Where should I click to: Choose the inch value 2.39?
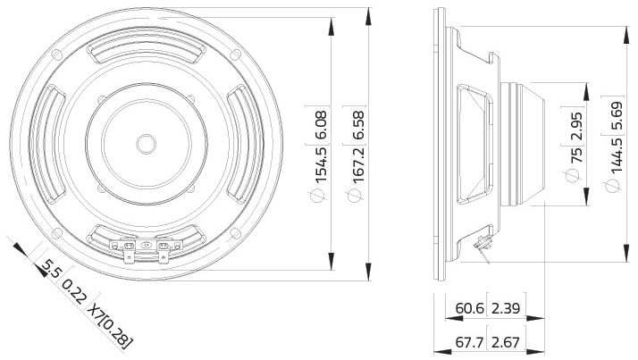pos(505,309)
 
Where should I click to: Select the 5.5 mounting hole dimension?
pos(51,268)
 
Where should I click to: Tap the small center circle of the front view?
pos(144,142)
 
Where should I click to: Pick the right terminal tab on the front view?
pos(162,250)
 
